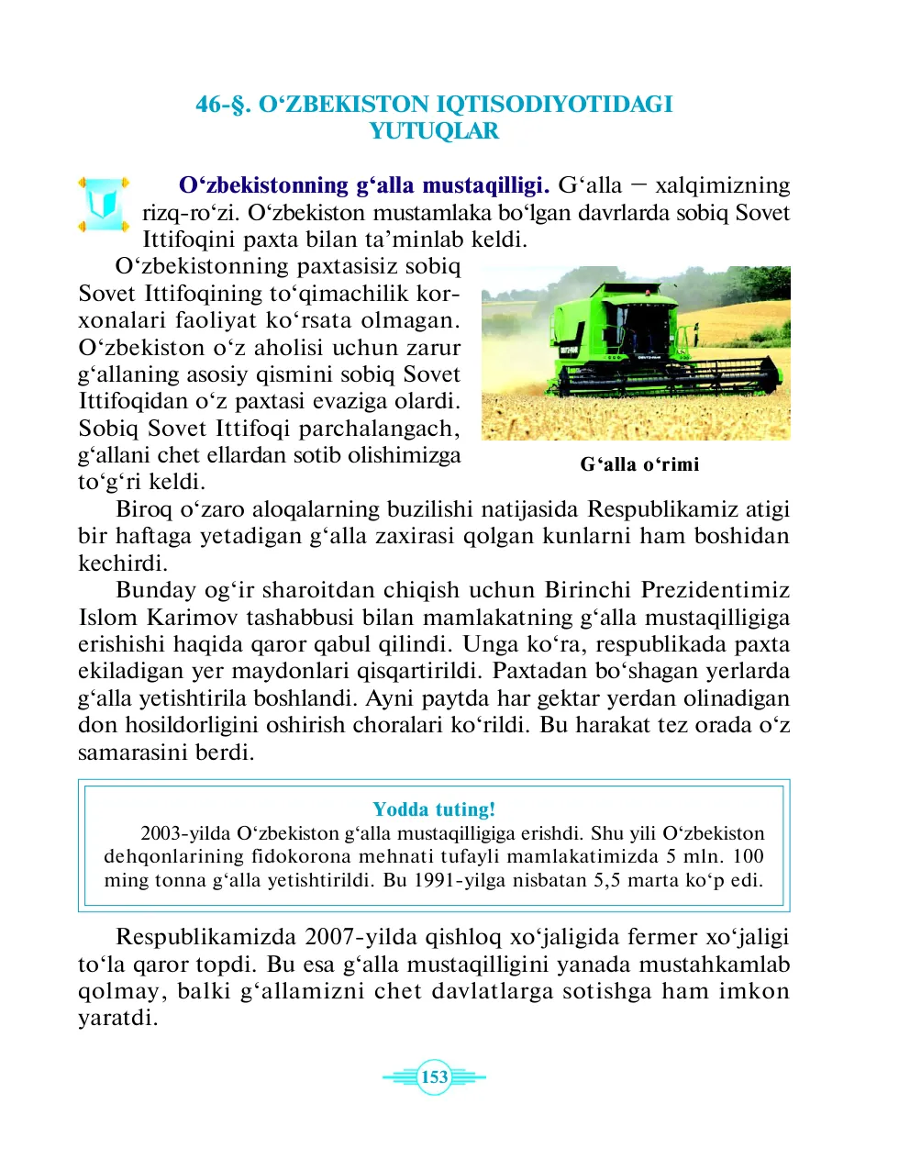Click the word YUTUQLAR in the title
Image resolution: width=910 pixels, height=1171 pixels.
pyautogui.click(x=434, y=131)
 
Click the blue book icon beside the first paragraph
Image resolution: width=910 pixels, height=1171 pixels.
pyautogui.click(x=103, y=205)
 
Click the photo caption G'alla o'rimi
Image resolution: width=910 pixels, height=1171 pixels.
pyautogui.click(x=639, y=464)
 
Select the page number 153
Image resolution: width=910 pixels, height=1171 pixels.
pyautogui.click(x=434, y=1077)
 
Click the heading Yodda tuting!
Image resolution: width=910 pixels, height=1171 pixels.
pyautogui.click(x=434, y=809)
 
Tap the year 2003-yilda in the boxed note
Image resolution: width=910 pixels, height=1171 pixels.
pyautogui.click(x=186, y=833)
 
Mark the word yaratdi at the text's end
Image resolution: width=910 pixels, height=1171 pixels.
pyautogui.click(x=117, y=1019)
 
